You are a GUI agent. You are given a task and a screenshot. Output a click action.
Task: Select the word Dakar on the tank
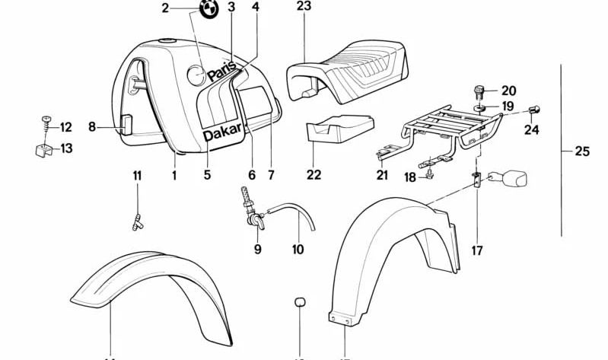221,135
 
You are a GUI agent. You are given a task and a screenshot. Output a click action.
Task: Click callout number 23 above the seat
304,7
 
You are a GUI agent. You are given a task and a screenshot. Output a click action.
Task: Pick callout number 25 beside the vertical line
582,152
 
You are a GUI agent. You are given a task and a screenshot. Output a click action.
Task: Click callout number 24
531,129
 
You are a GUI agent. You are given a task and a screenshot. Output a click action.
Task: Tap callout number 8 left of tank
91,128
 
